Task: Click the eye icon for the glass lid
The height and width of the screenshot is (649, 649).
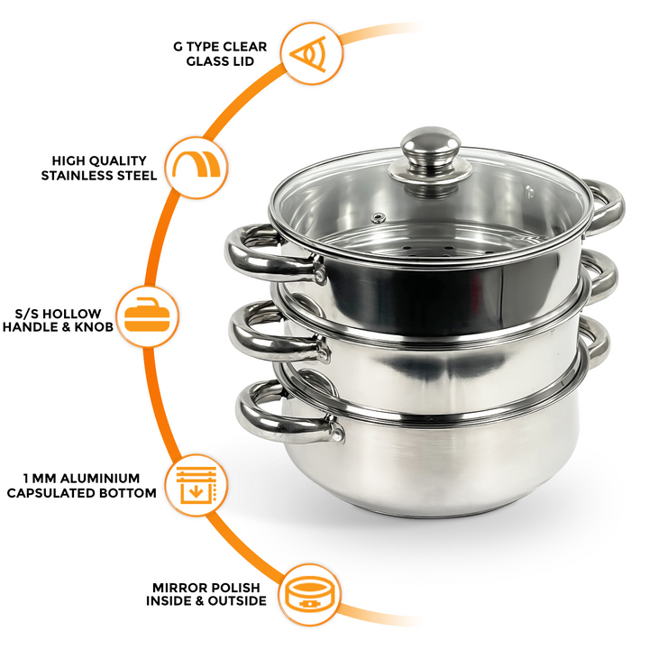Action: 312,53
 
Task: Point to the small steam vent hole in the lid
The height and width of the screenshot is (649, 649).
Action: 379,217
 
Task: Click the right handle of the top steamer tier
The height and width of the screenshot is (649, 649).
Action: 606,203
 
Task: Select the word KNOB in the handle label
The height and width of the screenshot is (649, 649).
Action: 96,327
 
